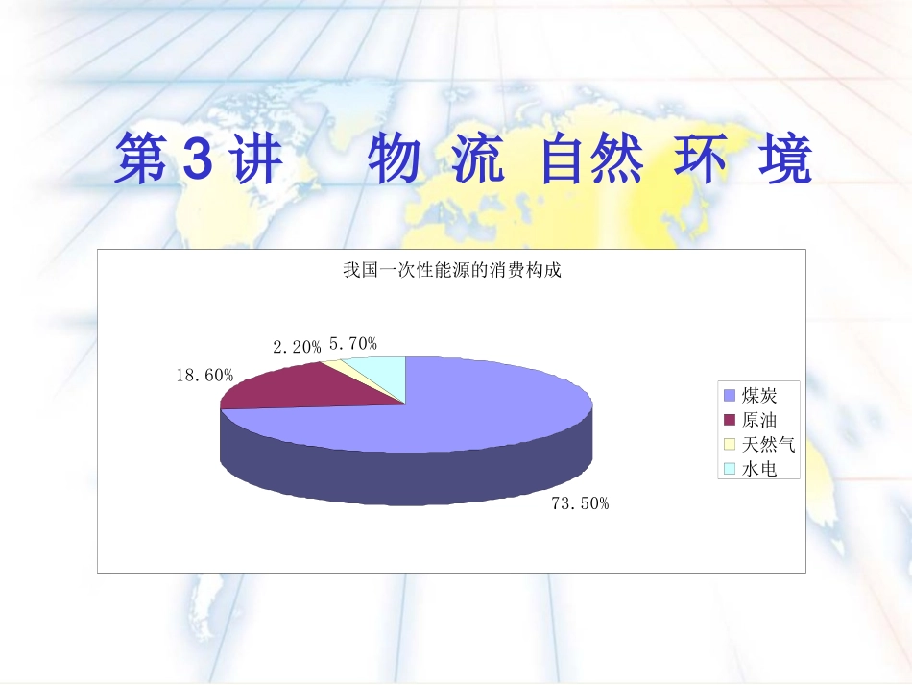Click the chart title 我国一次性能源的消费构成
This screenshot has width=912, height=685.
(451, 270)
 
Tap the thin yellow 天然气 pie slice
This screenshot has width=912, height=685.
(335, 364)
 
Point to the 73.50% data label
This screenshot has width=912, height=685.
(580, 502)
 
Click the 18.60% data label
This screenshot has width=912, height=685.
(204, 376)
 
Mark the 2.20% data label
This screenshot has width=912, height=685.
(297, 348)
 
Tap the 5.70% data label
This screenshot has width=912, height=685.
(353, 343)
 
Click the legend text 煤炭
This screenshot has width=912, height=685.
(758, 396)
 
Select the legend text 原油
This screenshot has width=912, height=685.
(758, 420)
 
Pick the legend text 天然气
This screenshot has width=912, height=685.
(768, 444)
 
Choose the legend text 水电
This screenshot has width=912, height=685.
(758, 469)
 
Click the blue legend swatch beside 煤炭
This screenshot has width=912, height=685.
(729, 396)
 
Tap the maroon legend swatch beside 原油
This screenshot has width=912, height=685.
(729, 420)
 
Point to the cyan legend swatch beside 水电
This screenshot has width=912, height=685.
(729, 469)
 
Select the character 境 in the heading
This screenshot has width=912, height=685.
(785, 160)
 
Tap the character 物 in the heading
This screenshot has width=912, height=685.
(394, 160)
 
